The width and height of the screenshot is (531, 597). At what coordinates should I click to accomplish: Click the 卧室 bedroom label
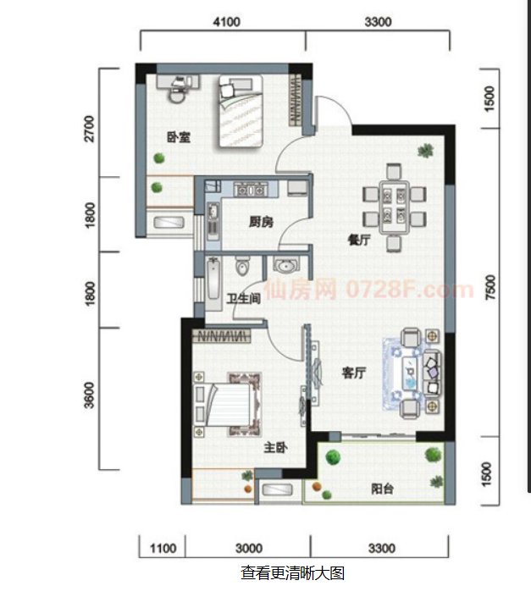(x=179, y=137)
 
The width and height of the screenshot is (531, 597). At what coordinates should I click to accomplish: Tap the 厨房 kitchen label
(x=261, y=222)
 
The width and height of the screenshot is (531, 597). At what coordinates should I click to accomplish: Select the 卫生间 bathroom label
(x=244, y=299)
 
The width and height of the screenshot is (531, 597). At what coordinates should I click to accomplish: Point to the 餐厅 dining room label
(x=359, y=240)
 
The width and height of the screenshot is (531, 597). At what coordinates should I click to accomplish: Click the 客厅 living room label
(x=354, y=373)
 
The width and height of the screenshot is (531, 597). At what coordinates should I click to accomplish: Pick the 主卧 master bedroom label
(x=275, y=447)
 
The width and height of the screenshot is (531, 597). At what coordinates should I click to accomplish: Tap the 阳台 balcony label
(x=382, y=489)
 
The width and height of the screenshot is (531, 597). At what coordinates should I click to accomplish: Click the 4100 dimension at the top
(x=226, y=22)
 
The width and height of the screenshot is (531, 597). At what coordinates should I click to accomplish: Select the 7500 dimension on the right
(x=491, y=287)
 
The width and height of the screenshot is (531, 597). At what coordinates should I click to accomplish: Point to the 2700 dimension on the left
(x=89, y=129)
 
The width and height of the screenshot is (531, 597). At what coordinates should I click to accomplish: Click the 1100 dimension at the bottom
(x=163, y=549)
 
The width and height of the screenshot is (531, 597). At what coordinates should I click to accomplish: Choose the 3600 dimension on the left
(x=89, y=395)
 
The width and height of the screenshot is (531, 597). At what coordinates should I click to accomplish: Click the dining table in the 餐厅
(x=394, y=207)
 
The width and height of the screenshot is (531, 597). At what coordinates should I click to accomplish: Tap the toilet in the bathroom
(x=242, y=266)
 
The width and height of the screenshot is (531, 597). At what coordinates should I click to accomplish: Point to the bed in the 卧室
(x=241, y=111)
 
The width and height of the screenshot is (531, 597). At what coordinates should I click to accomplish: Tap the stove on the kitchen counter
(x=250, y=189)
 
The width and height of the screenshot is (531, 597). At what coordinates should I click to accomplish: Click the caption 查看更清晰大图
(x=293, y=573)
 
